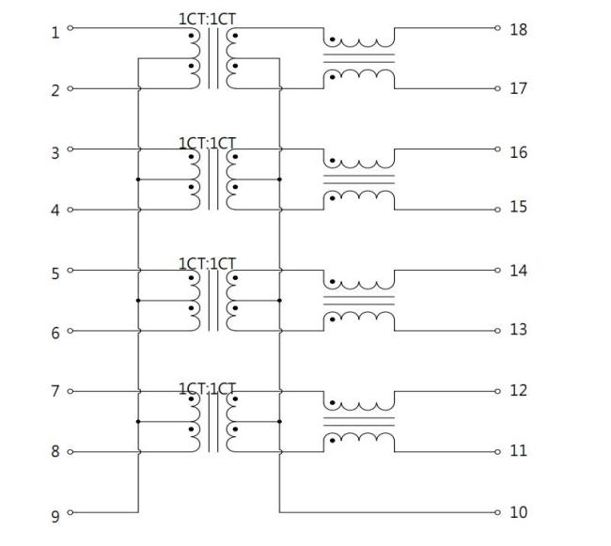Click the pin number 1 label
[x=55, y=33]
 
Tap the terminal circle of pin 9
[x=70, y=512]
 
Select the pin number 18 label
[x=518, y=30]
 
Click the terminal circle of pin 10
[x=497, y=512]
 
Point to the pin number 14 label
[x=518, y=271]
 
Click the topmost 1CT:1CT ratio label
[x=208, y=19]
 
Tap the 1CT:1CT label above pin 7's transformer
[x=208, y=389]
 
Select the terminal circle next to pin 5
[x=70, y=271]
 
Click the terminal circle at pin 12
[x=497, y=391]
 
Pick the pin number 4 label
[x=55, y=211]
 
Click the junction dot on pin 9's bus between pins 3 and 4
[x=138, y=179]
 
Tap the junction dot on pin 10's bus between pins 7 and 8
[x=279, y=422]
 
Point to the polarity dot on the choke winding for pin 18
[x=333, y=39]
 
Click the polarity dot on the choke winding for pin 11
[x=333, y=441]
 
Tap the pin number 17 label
[x=518, y=88]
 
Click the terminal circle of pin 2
[x=70, y=88]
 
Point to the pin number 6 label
[x=55, y=334]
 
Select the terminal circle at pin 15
[x=497, y=210]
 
